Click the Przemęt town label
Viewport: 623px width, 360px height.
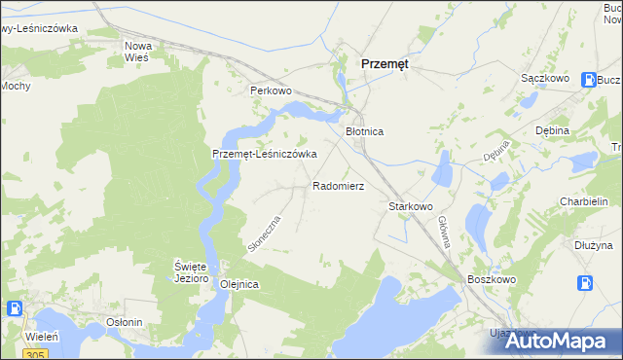(385, 62)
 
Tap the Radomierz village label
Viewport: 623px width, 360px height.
(338, 185)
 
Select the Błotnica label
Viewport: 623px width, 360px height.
(365, 131)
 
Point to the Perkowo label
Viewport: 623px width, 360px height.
(271, 90)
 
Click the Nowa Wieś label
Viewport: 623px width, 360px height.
(137, 52)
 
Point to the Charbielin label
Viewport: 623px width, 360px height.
(584, 202)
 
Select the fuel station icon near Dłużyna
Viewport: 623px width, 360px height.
(586, 282)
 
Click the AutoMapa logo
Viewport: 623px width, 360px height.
(563, 340)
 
